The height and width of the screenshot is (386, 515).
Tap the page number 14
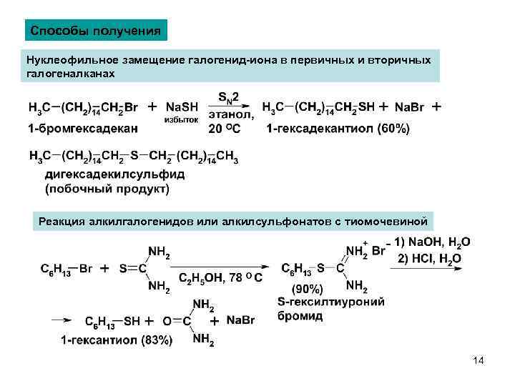click(x=479, y=360)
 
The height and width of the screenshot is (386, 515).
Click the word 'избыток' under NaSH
click(x=181, y=119)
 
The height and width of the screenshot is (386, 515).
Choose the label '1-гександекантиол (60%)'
click(x=338, y=129)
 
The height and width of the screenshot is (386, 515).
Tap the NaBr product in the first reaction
click(x=409, y=108)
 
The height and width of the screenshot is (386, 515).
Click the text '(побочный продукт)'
click(x=107, y=189)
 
